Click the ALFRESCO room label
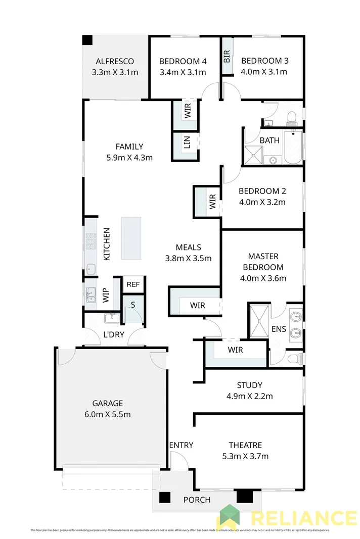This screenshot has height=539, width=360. point(115,62)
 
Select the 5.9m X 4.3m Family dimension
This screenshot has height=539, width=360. point(129,157)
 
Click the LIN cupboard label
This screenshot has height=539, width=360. point(187,145)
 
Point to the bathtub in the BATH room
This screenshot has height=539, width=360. point(293,147)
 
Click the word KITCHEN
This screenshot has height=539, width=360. point(107,244)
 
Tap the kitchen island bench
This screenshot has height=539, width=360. point(131,238)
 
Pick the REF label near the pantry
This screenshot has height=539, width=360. point(133,284)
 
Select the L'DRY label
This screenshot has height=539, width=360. point(113,334)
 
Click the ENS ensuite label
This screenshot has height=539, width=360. point(279,329)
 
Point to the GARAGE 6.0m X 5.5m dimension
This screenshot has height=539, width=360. point(108,415)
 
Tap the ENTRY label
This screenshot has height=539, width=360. point(181,445)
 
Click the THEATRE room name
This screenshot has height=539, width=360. point(245,445)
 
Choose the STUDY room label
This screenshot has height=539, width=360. point(249,385)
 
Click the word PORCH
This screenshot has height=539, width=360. point(197,500)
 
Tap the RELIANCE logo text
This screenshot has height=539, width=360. point(303,518)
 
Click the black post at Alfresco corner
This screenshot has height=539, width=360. point(87,39)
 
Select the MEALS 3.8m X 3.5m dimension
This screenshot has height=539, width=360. point(188,258)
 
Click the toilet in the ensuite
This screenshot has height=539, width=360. point(292,359)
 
